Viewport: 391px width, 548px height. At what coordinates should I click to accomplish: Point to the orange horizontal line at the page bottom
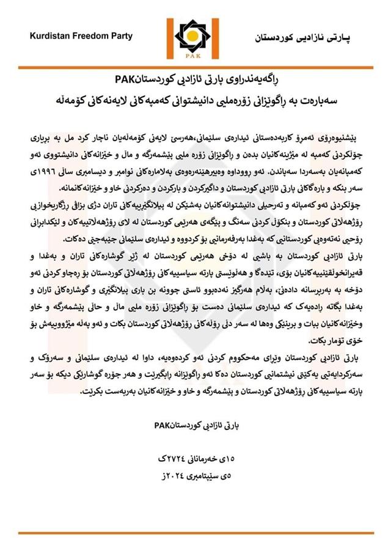(x=195, y=533)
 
